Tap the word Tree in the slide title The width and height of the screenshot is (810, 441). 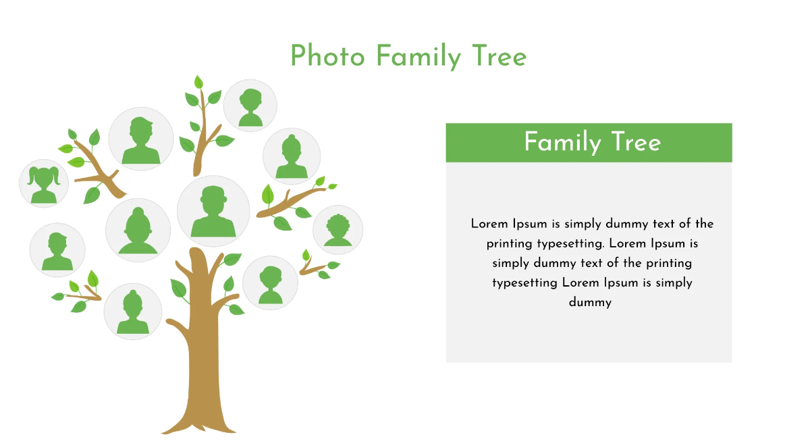pyautogui.click(x=500, y=56)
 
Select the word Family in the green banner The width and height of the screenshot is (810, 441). pyautogui.click(x=562, y=142)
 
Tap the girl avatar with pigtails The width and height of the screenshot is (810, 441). pyautogui.click(x=44, y=183)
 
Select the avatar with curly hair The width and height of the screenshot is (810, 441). pyautogui.click(x=337, y=230)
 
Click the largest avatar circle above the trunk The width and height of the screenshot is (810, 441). pyautogui.click(x=213, y=210)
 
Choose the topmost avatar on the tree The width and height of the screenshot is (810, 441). pyautogui.click(x=250, y=105)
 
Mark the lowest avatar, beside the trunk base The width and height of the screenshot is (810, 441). pyautogui.click(x=133, y=311)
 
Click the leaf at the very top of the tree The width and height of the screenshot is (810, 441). pyautogui.click(x=198, y=82)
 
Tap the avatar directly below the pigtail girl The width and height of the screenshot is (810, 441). pyautogui.click(x=57, y=249)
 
